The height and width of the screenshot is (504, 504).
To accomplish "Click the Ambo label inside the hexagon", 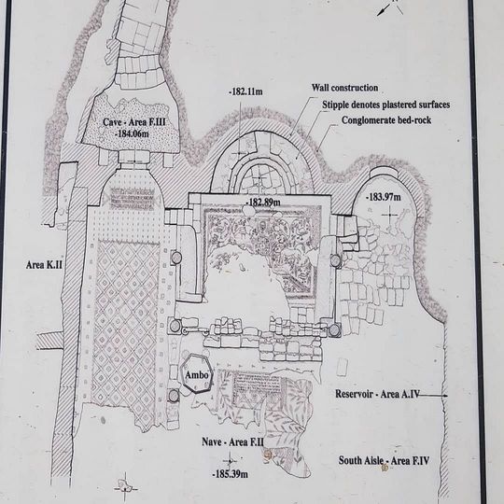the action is tap(197, 375).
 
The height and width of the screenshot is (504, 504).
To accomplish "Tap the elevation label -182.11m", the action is tap(245, 91).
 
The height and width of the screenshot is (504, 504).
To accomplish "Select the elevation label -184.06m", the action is tap(132, 133).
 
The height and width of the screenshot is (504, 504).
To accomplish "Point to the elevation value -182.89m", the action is tap(263, 203).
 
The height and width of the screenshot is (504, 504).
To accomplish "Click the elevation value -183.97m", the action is tap(384, 197).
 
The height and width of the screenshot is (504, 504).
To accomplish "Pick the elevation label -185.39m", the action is tap(231, 474).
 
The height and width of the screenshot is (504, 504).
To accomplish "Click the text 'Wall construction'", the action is tap(344, 88).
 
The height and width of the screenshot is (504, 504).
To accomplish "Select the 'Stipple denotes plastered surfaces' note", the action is tap(386, 105).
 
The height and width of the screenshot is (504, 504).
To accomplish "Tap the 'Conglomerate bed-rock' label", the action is tap(386, 120).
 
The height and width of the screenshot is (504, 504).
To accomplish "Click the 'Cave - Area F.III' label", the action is tap(134, 122).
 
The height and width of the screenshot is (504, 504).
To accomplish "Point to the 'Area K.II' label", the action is tap(44, 265).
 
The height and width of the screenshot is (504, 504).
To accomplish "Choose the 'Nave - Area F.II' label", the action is tap(232, 442).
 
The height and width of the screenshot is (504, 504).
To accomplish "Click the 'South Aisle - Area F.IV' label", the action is tap(384, 461).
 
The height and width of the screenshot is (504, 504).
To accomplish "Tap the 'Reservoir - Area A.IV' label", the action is tap(377, 394).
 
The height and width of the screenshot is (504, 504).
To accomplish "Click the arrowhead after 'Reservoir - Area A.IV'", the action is tap(445, 396).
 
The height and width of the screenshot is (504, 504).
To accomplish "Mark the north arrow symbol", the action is tap(390, 7).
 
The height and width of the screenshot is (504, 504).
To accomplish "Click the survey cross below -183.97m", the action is tap(390, 215).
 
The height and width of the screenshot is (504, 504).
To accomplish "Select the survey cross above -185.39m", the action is tap(230, 461).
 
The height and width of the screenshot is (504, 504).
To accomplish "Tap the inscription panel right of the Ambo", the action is tap(257, 385).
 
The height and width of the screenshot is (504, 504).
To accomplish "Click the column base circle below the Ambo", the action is tap(174, 396).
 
